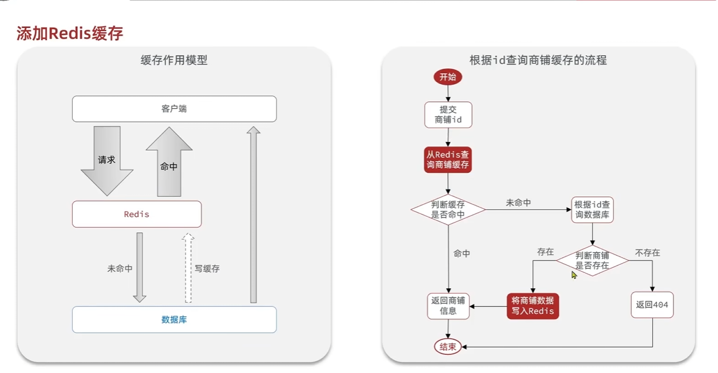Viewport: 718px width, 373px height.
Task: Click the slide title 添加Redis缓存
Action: click(x=69, y=33)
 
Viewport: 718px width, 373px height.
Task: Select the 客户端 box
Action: click(x=174, y=109)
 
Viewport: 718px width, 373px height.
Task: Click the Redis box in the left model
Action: click(x=136, y=214)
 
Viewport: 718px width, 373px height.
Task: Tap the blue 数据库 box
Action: click(x=174, y=319)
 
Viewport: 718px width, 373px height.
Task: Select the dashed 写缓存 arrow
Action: click(x=188, y=268)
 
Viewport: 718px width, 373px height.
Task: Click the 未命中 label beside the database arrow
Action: click(x=120, y=268)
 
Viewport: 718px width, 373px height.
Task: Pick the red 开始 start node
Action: click(x=448, y=77)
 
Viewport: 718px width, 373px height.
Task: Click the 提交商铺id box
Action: click(x=448, y=114)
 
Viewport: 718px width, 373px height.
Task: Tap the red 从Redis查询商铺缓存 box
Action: click(x=448, y=160)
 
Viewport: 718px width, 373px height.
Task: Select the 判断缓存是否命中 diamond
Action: click(x=448, y=209)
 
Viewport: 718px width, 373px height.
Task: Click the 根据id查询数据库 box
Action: click(x=592, y=210)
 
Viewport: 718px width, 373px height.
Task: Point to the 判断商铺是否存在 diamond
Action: click(x=592, y=260)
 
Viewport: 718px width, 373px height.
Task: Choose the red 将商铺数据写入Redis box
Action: click(x=532, y=305)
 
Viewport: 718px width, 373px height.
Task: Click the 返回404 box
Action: click(x=652, y=305)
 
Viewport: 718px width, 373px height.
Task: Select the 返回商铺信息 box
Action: click(x=448, y=305)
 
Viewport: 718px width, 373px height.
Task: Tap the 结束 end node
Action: click(x=448, y=347)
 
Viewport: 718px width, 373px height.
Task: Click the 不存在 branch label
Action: click(x=647, y=252)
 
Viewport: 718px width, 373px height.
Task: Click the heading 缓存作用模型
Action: click(x=174, y=59)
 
